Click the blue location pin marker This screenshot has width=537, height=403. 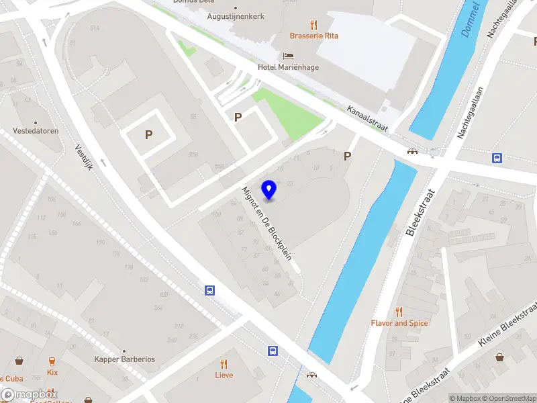[x=269, y=190]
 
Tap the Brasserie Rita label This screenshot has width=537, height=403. [x=313, y=36]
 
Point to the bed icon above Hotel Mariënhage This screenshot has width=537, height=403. [x=289, y=56]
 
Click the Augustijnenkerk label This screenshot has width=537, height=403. [x=235, y=16]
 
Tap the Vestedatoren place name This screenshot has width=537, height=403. [x=36, y=131]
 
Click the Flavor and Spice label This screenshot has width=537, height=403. [x=399, y=323]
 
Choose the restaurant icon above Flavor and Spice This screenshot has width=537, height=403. [x=399, y=311]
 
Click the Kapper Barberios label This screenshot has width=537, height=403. [x=125, y=359]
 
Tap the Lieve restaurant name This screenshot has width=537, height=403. [x=224, y=375]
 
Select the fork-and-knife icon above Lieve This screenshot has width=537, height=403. [x=224, y=363]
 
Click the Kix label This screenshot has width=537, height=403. [x=52, y=372]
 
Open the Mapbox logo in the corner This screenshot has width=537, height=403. [x=29, y=395]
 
